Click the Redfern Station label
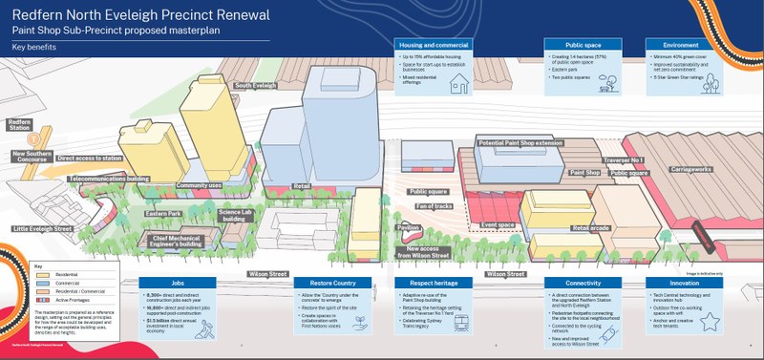tap(20, 125)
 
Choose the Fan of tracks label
tap(431, 205)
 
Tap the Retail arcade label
tap(591, 228)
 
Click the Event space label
tap(499, 225)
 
